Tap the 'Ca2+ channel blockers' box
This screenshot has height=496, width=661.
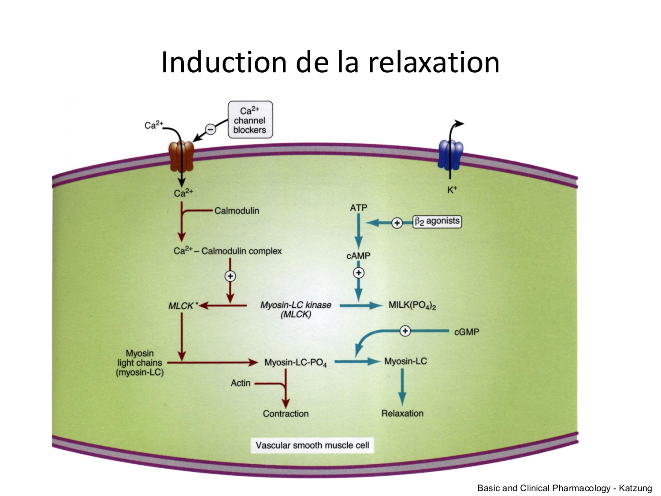pyautogui.click(x=250, y=120)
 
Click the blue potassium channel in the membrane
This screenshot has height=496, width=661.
pyautogui.click(x=450, y=154)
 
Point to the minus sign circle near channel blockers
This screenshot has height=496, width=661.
pyautogui.click(x=211, y=129)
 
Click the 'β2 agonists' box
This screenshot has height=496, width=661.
pyautogui.click(x=437, y=221)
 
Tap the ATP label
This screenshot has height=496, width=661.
pyautogui.click(x=358, y=208)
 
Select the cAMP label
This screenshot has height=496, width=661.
pyautogui.click(x=358, y=256)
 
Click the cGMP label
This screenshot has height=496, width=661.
pyautogui.click(x=466, y=332)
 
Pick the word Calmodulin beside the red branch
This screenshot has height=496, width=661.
pyautogui.click(x=237, y=211)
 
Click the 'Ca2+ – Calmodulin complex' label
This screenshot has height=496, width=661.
pyautogui.click(x=227, y=251)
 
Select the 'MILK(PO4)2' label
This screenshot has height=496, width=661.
pyautogui.click(x=412, y=305)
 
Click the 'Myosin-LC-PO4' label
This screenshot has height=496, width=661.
pyautogui.click(x=295, y=363)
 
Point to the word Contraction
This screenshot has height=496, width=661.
pyautogui.click(x=286, y=414)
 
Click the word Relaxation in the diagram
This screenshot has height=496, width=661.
pyautogui.click(x=402, y=413)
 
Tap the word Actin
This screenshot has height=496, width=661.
pyautogui.click(x=241, y=383)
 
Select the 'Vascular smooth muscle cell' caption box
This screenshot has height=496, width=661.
pyautogui.click(x=312, y=445)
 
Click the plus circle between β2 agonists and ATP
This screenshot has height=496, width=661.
pyautogui.click(x=397, y=223)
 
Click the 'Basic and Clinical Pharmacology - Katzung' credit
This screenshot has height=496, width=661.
pyautogui.click(x=564, y=488)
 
